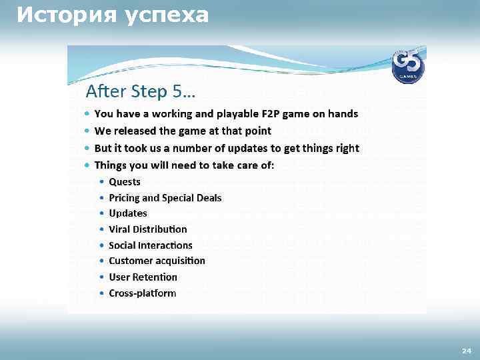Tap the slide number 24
coord(466,351)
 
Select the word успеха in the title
coord(166,14)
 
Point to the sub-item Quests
coord(125,182)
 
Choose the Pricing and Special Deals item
coord(165,198)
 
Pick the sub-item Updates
coord(128,213)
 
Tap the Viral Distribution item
coord(148,229)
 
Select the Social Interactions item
coord(150,245)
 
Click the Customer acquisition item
coord(157,261)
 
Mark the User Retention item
coord(143,277)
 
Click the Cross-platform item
coord(142,293)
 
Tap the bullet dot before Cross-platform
coord(101,294)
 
